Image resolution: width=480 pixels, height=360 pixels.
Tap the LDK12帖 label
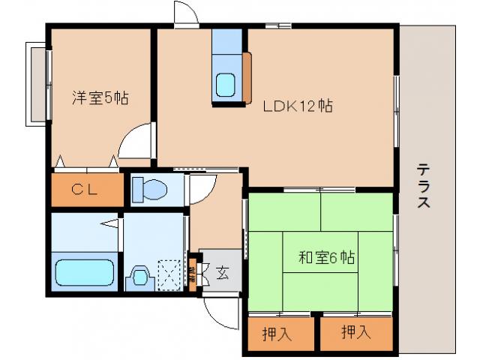[297, 106]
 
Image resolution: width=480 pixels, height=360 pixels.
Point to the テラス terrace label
[424, 186]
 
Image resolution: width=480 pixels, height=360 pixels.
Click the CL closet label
[85, 190]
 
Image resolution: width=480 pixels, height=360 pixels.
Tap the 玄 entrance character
[223, 271]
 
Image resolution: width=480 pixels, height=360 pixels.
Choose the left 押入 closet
[277, 333]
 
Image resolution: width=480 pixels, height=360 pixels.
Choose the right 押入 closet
[355, 333]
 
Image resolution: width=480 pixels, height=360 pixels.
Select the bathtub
[84, 271]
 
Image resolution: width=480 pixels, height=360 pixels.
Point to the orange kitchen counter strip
[247, 77]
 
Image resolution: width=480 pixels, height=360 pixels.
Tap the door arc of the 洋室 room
[135, 142]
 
